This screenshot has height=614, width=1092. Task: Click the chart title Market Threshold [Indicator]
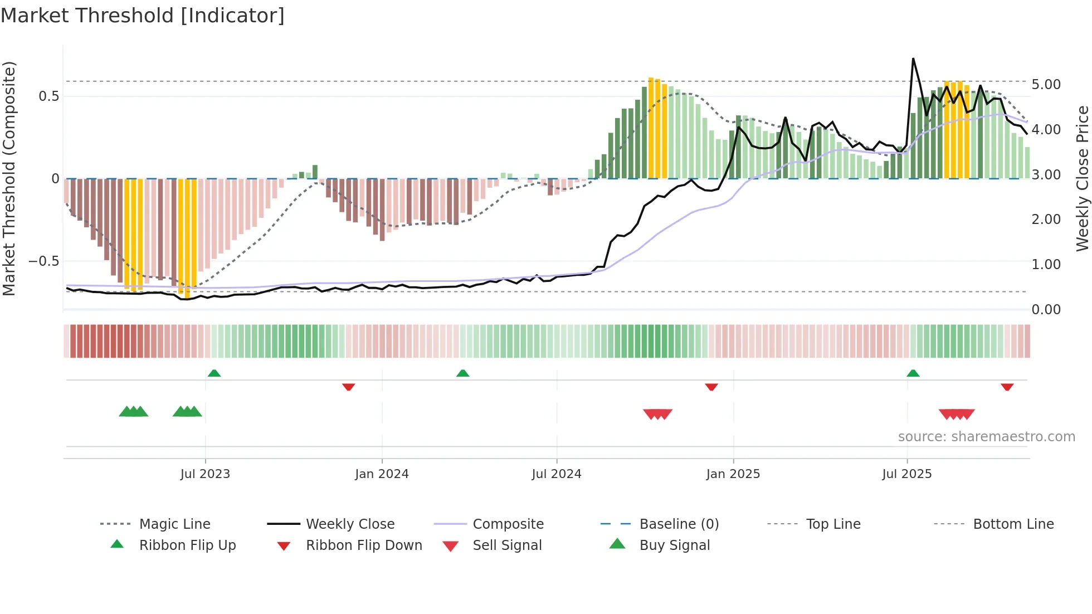tap(143, 16)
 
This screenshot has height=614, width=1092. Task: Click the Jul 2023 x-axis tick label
tap(205, 474)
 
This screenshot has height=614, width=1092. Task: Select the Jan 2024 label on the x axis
tap(382, 474)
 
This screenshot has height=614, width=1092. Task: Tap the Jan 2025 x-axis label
tap(733, 474)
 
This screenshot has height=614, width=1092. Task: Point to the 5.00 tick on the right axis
tap(1046, 85)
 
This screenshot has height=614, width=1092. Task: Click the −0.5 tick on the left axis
tap(43, 261)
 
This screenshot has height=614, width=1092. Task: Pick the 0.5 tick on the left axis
tap(48, 96)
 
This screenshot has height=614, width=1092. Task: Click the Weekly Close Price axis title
tap(1082, 178)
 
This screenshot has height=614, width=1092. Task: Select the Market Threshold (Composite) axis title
tap(9, 178)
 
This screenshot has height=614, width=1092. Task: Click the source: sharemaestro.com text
tap(986, 437)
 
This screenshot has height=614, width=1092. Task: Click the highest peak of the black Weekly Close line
tap(913, 59)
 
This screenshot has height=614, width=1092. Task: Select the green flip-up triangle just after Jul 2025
tap(913, 373)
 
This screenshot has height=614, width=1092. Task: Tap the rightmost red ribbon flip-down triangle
tap(1007, 387)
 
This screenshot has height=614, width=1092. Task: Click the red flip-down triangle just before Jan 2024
tap(349, 387)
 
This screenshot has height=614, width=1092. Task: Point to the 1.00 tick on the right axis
tap(1046, 265)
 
